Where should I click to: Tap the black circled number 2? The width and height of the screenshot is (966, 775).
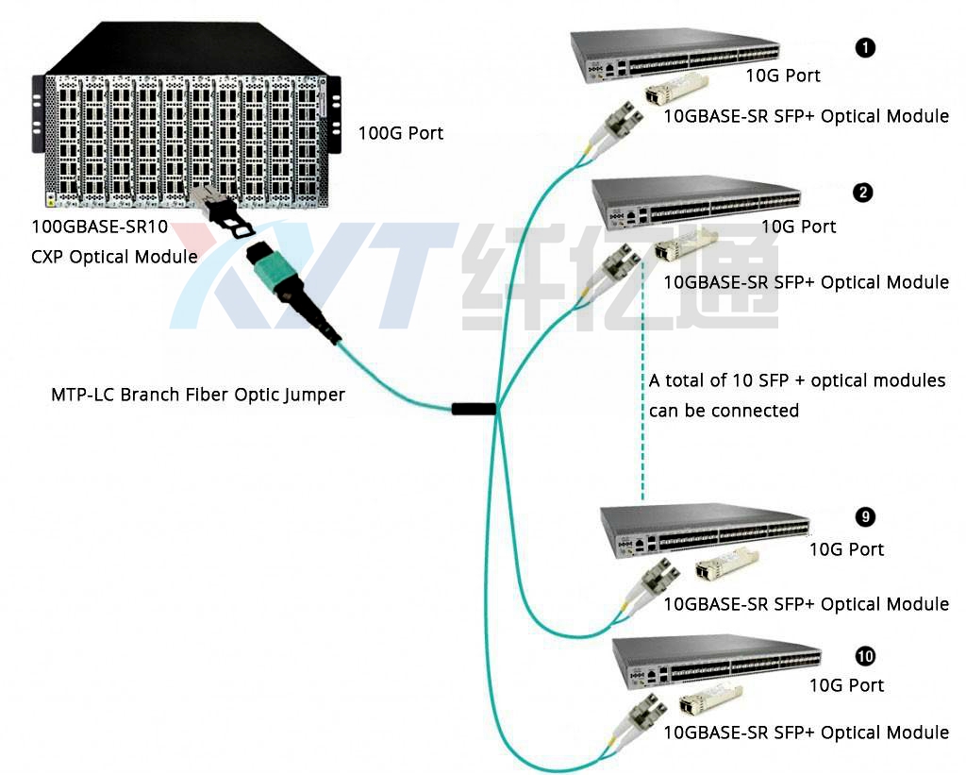[x=862, y=194]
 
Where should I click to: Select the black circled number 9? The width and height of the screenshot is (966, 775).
[x=865, y=516]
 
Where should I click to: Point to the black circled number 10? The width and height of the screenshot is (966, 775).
[x=865, y=656]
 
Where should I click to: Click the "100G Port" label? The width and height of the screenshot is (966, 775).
[x=400, y=133]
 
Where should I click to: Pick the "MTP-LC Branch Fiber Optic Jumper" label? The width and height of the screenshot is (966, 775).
[x=198, y=395]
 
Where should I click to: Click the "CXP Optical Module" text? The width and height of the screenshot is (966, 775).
[x=115, y=257]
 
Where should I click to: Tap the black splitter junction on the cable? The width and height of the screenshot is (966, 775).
[x=474, y=409]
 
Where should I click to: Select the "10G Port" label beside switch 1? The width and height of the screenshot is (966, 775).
[x=783, y=76]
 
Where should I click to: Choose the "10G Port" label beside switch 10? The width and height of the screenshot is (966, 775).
[x=846, y=685]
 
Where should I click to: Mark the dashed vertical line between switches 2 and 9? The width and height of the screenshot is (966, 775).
[x=642, y=378]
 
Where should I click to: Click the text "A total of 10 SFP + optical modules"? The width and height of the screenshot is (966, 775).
[x=796, y=380]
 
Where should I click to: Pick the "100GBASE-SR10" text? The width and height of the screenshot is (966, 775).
[x=100, y=227]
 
